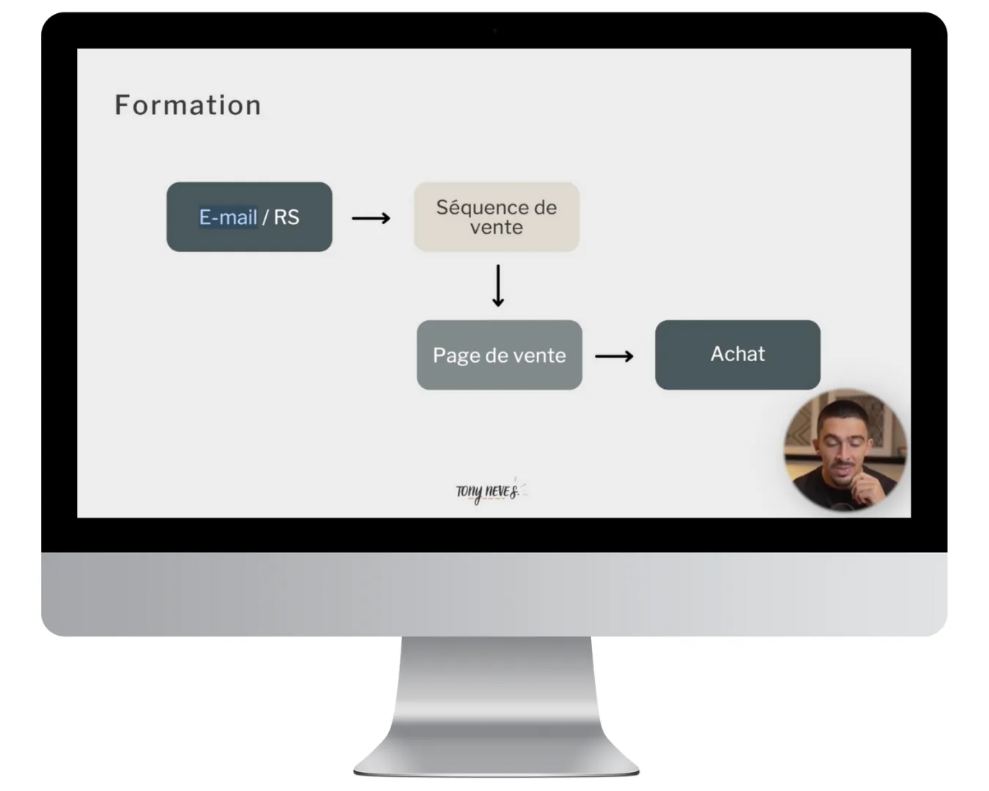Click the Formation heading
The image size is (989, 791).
pyautogui.click(x=188, y=105)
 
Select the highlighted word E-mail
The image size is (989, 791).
pyautogui.click(x=228, y=217)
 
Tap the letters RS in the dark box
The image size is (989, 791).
pyautogui.click(x=286, y=217)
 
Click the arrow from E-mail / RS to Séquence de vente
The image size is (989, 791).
pyautogui.click(x=371, y=218)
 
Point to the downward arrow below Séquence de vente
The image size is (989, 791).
pyautogui.click(x=498, y=285)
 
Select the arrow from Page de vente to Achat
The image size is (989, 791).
pyautogui.click(x=614, y=357)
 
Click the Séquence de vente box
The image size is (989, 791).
pyautogui.click(x=497, y=217)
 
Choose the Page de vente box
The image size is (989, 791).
pyautogui.click(x=499, y=355)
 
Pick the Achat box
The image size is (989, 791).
pyautogui.click(x=737, y=354)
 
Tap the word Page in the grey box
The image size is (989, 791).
pyautogui.click(x=456, y=356)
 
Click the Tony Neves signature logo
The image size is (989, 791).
pyautogui.click(x=488, y=491)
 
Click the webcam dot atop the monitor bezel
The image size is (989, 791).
pyautogui.click(x=494, y=31)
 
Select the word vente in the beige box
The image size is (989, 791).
pyautogui.click(x=497, y=228)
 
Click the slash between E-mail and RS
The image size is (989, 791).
pyautogui.click(x=265, y=217)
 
